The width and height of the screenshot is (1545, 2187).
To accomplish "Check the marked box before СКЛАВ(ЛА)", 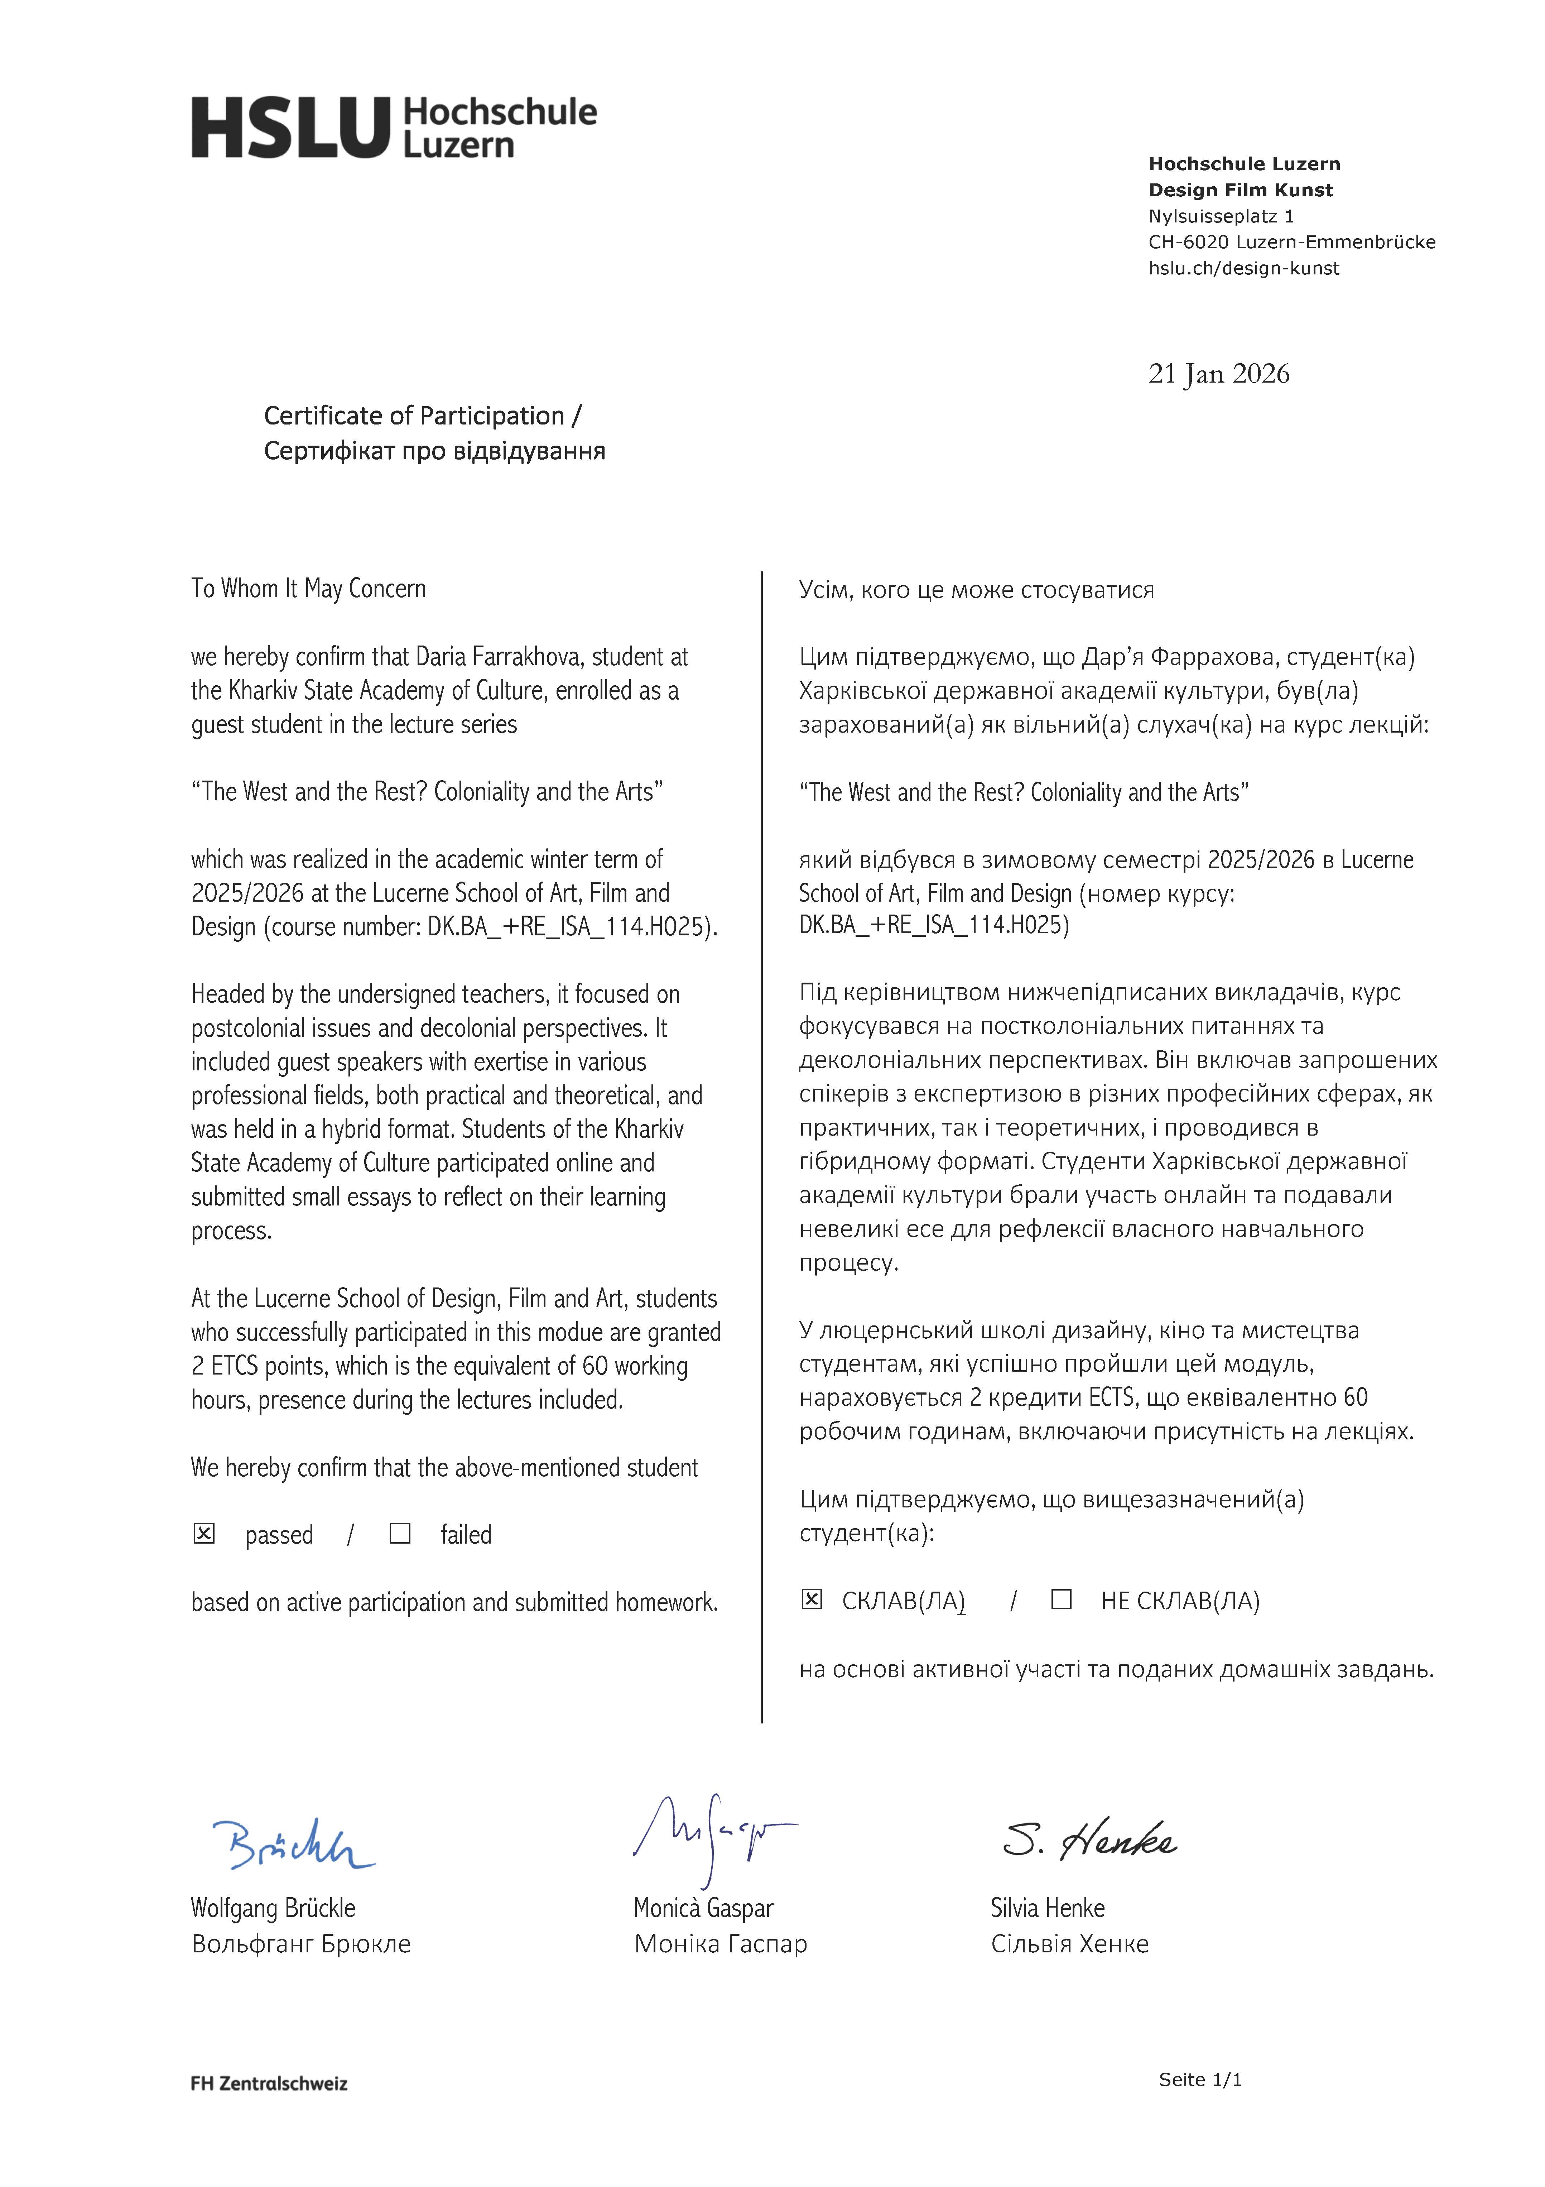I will point(812,1599).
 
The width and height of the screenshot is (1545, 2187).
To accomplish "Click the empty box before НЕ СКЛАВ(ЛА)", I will point(1061,1599).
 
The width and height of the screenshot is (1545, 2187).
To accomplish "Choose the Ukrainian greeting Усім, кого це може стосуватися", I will point(976,591).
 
